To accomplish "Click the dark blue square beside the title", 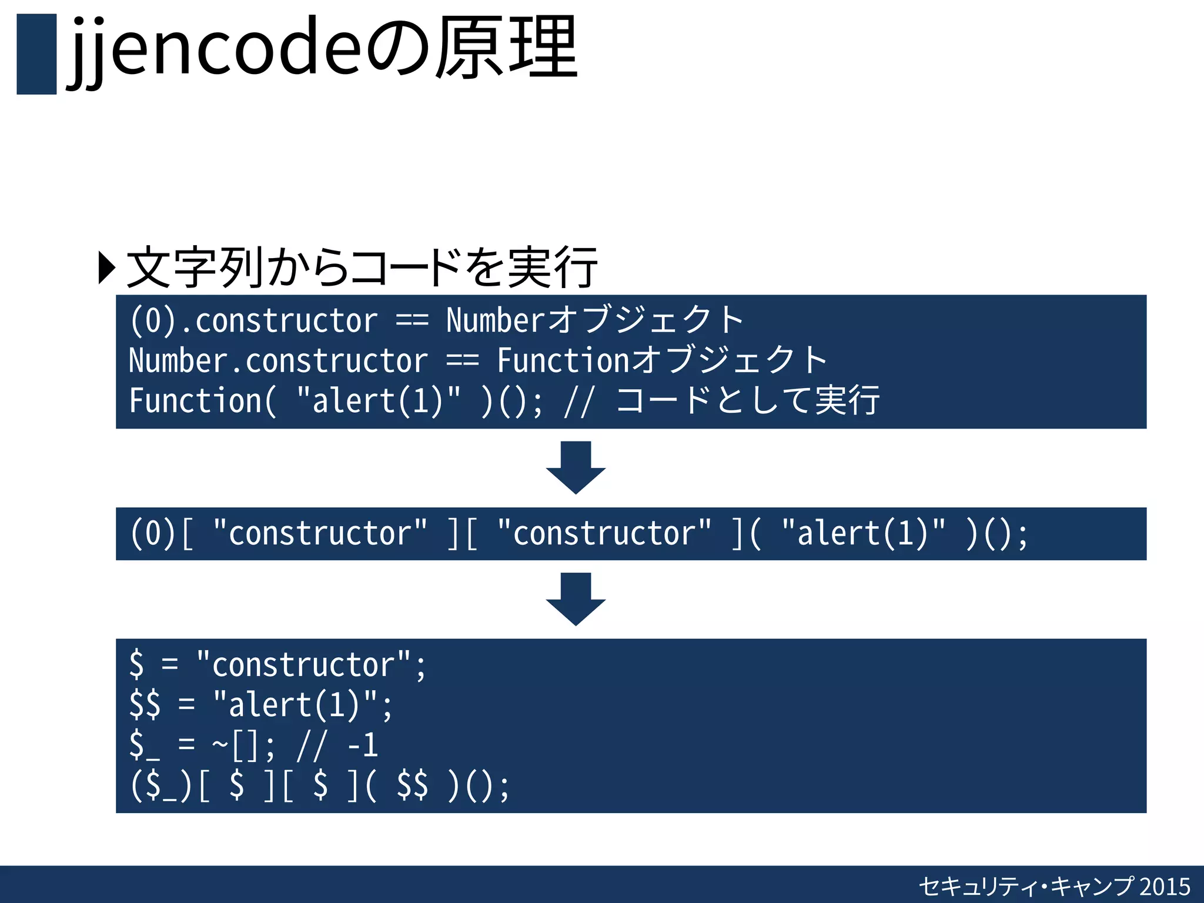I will coord(36,54).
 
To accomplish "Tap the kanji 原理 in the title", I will coord(507,48).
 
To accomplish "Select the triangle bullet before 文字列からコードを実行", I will coord(106,268).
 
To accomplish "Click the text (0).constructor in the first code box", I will coord(253,321).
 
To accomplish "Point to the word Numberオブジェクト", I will coord(594,321).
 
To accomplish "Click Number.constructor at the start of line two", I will coord(278,360).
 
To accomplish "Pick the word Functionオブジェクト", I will coord(662,360).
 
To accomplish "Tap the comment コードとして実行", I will coord(747,401).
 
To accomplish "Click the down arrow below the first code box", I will coord(576,467).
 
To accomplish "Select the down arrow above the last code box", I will coord(576,599).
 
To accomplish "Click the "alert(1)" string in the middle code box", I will coord(864,534).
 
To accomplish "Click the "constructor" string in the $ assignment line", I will coord(303,665).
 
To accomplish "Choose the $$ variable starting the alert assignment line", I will coord(145,705).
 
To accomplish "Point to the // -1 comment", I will coord(337,745).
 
